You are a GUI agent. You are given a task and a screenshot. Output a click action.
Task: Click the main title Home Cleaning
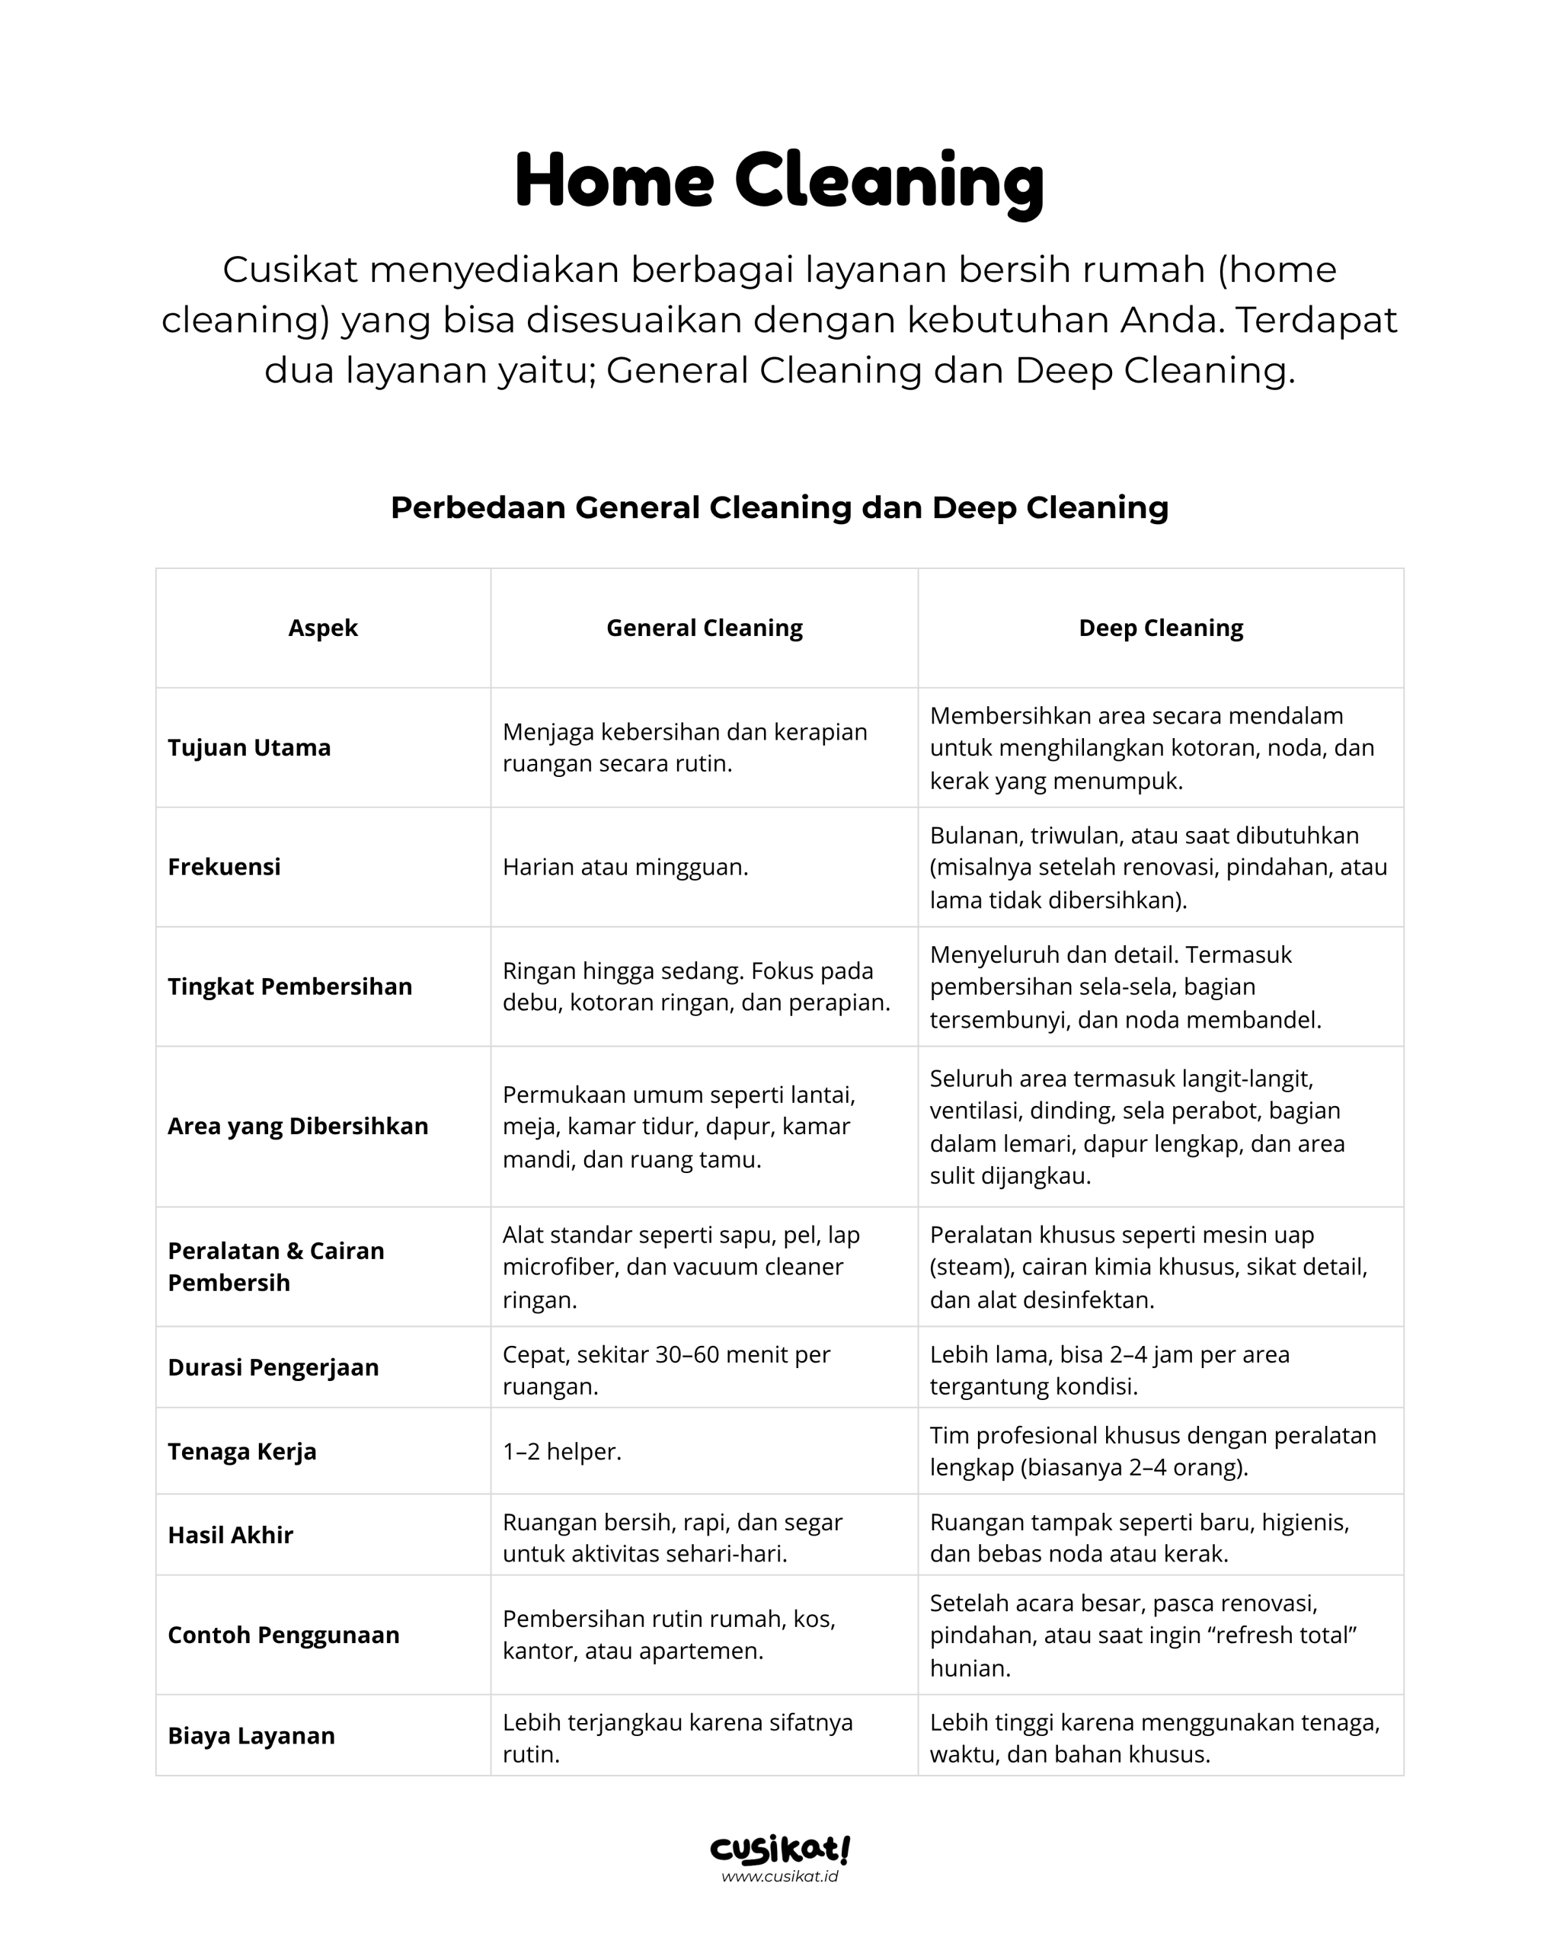tap(779, 181)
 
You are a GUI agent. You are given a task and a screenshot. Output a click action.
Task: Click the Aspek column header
tap(323, 628)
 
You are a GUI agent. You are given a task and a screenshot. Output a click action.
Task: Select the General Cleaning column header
tap(704, 628)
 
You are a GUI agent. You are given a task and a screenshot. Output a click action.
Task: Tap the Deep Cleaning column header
tap(1160, 628)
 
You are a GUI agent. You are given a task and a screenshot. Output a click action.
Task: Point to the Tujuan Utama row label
tap(250, 747)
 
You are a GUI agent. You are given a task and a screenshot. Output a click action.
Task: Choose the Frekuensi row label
tap(224, 867)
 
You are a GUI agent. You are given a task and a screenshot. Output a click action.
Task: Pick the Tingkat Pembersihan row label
tap(289, 986)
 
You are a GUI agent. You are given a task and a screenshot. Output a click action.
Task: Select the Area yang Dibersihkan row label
tap(298, 1126)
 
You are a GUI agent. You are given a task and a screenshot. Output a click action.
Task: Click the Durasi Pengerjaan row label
tap(273, 1367)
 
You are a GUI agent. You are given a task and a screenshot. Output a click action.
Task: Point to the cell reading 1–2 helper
tap(561, 1451)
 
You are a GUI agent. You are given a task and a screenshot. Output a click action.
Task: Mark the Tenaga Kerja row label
tap(242, 1451)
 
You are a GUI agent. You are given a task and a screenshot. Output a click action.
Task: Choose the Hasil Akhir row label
tap(231, 1535)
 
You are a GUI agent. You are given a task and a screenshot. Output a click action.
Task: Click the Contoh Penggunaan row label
tap(283, 1635)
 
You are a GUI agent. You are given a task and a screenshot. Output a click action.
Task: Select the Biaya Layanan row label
tap(251, 1736)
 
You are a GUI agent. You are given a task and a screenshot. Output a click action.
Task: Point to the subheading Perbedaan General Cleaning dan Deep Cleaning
tap(779, 507)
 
